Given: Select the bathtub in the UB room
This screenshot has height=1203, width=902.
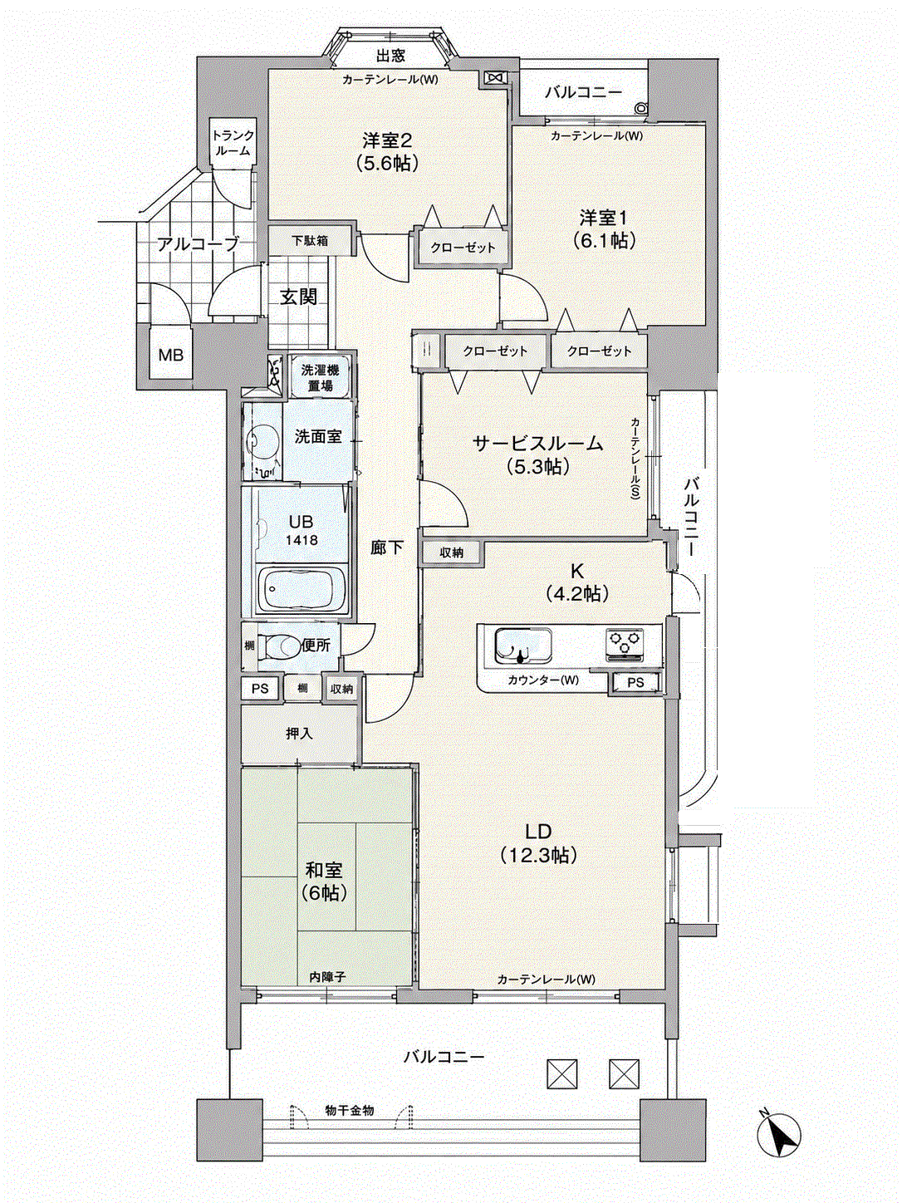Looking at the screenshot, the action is point(301,590).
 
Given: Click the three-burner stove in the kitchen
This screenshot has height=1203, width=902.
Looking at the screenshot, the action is point(625,643).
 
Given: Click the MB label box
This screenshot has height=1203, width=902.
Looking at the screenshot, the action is point(171,355).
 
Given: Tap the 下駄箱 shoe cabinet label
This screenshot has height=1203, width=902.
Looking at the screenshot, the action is point(310,240).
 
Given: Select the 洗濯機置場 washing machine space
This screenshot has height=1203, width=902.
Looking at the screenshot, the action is point(319,377).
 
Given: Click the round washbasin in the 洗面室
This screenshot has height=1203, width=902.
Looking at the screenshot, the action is point(257,439).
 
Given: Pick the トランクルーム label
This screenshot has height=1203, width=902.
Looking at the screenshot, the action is point(233,143).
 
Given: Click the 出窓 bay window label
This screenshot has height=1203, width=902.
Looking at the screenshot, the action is point(390,56).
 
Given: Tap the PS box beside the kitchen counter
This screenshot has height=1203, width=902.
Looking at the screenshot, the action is point(635,682).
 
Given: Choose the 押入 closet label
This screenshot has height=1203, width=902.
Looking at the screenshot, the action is point(299,734).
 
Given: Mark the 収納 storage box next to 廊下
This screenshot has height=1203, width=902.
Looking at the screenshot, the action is point(451,553).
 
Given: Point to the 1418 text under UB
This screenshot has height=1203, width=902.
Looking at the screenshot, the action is point(301,540).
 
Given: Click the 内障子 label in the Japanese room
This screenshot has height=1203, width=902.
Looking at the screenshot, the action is point(327,977).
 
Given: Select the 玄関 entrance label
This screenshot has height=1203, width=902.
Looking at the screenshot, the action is point(299,297).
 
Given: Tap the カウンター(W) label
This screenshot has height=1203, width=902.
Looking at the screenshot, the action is point(543,680).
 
